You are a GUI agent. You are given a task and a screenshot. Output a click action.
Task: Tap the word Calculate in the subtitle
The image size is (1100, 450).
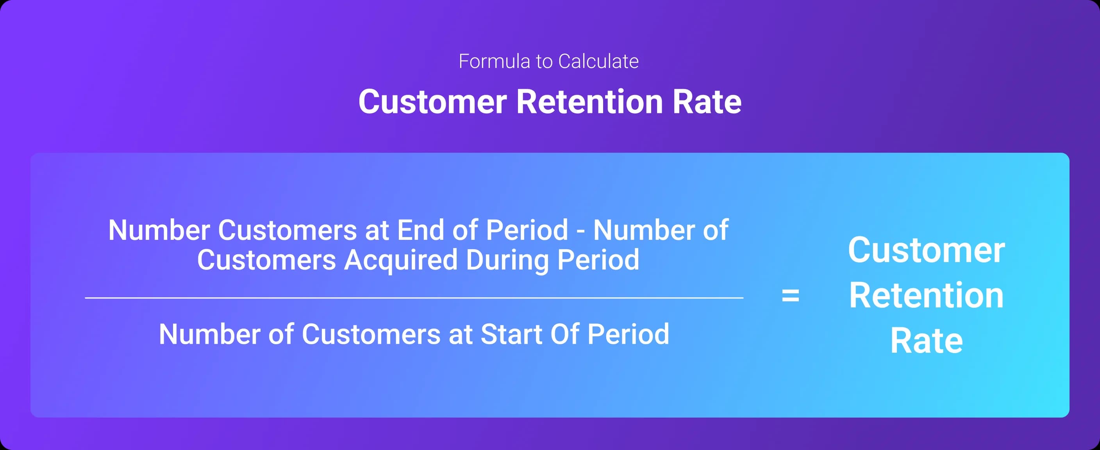(x=598, y=61)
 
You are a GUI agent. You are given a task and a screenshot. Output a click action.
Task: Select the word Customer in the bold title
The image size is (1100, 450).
(x=432, y=102)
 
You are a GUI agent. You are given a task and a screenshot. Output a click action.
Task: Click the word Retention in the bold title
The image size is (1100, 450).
(x=589, y=102)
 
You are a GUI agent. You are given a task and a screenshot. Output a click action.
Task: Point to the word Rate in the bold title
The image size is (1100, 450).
(x=707, y=102)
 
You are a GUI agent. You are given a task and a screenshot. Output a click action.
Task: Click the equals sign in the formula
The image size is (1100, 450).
(x=790, y=295)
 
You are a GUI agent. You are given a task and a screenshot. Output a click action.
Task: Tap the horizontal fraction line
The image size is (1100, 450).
(x=414, y=298)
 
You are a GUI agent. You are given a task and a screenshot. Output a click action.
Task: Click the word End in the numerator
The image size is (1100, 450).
(x=421, y=230)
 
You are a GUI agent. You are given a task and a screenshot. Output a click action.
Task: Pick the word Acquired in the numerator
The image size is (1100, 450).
(x=400, y=260)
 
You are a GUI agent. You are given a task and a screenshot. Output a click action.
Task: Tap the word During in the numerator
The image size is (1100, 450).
(x=507, y=260)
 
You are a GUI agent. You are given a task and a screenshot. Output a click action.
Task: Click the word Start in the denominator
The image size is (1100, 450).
(x=511, y=334)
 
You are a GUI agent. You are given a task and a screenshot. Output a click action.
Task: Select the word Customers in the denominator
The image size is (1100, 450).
(x=371, y=334)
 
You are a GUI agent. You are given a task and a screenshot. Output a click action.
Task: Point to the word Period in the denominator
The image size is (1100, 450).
(x=628, y=334)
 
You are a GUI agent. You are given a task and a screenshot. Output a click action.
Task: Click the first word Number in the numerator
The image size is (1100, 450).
(x=159, y=230)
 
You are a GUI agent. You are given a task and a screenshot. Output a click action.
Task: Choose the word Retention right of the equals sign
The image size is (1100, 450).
(x=926, y=295)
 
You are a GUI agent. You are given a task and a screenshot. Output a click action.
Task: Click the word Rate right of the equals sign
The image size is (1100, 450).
(x=926, y=341)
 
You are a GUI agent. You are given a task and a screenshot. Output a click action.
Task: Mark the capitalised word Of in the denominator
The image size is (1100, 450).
(x=564, y=334)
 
